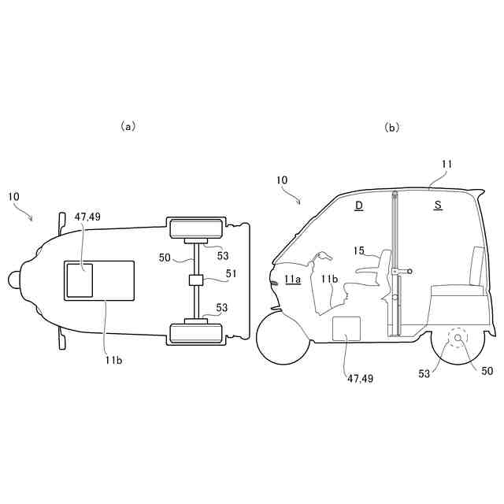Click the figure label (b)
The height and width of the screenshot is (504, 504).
(x=391, y=127)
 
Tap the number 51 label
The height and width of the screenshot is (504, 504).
(x=230, y=274)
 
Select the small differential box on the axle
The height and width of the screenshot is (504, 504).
(x=196, y=280)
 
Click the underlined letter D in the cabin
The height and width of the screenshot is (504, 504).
(x=358, y=206)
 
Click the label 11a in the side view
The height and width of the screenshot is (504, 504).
(x=293, y=279)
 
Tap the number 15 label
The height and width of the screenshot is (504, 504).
(x=359, y=252)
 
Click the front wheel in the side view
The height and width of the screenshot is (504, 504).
(x=282, y=338)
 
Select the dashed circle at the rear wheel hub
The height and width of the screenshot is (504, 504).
(x=457, y=340)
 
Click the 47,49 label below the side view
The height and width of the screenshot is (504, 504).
(x=359, y=378)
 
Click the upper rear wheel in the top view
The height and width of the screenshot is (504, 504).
(x=195, y=229)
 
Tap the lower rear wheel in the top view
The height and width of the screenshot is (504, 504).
(x=195, y=332)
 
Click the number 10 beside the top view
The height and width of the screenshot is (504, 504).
(x=14, y=195)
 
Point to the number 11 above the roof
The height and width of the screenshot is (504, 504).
(x=447, y=164)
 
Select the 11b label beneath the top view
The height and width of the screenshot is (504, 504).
(x=113, y=360)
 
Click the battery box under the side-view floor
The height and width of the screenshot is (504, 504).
(x=346, y=329)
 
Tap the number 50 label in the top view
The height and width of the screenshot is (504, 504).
(x=165, y=257)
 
